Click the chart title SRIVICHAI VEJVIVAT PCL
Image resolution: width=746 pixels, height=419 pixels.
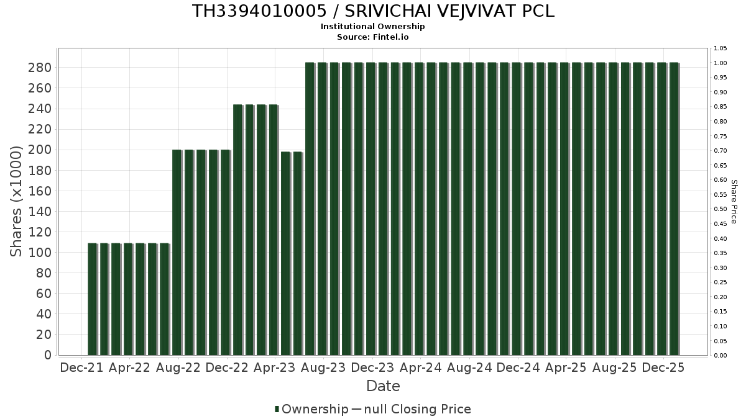click(373, 11)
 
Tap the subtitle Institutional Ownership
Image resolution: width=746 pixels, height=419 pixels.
click(373, 27)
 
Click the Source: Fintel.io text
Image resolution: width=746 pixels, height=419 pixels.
click(373, 37)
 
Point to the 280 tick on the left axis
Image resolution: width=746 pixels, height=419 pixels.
click(40, 68)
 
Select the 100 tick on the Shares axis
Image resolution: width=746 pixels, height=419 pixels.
click(40, 253)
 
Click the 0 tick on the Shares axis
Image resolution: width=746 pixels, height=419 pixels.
click(47, 355)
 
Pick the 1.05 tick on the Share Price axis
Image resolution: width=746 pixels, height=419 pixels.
click(721, 48)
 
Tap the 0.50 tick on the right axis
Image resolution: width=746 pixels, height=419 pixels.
click(721, 209)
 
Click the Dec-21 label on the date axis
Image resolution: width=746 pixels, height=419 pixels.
click(81, 367)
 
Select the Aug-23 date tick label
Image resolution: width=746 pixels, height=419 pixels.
click(323, 367)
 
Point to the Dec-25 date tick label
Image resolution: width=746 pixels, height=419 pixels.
click(663, 367)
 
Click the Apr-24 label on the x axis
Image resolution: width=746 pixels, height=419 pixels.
click(421, 367)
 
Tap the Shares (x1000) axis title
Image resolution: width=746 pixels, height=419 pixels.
click(17, 201)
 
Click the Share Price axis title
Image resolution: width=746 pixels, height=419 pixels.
click(734, 201)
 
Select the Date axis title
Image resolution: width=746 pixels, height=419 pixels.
click(383, 386)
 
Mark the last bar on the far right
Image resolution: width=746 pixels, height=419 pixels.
click(674, 209)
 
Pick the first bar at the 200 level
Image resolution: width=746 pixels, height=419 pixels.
click(177, 252)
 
